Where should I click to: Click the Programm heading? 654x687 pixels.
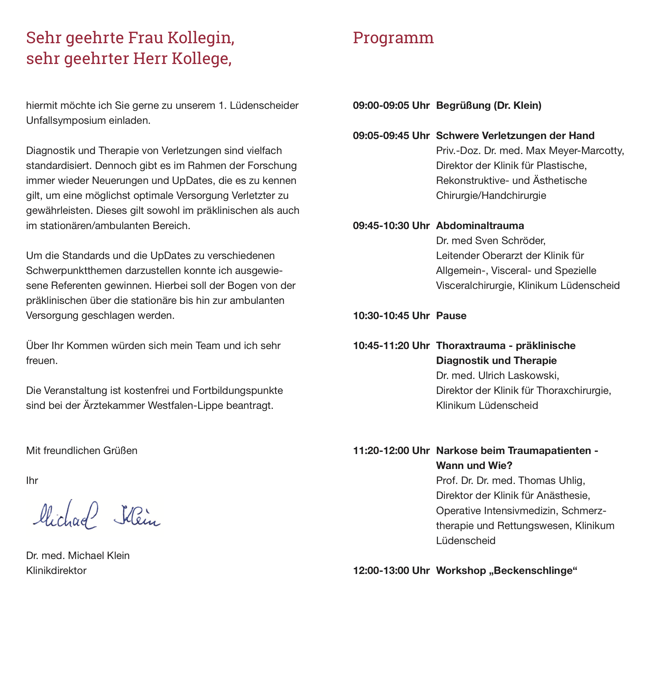click(x=393, y=38)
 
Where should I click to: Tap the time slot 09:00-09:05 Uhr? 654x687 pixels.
click(x=391, y=105)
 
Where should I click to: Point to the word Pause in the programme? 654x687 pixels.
click(x=451, y=316)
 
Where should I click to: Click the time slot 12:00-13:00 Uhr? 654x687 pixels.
click(x=391, y=571)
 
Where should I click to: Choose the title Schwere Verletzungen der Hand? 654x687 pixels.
click(x=515, y=136)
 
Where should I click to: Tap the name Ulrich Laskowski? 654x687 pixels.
click(x=518, y=376)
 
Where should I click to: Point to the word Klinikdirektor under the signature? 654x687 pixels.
click(x=56, y=571)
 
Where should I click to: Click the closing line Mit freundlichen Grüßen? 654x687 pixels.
click(x=82, y=450)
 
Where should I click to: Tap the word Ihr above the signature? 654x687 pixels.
click(x=32, y=481)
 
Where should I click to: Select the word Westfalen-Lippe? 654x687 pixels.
click(x=186, y=406)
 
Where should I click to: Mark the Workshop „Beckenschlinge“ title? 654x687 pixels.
click(x=506, y=571)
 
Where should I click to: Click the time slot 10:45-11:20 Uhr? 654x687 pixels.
click(x=391, y=346)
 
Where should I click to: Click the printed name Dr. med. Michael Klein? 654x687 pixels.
click(x=78, y=555)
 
